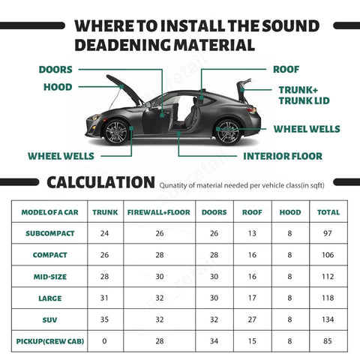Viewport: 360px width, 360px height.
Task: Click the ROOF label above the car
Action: [286, 70]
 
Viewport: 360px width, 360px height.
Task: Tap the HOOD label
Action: [57, 87]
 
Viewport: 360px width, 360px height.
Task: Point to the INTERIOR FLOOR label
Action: [282, 157]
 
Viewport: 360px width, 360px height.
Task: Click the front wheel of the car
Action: [117, 132]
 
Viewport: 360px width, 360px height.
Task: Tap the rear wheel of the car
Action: [227, 132]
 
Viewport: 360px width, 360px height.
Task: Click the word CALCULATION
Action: [100, 182]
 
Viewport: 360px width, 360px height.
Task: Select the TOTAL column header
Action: [328, 212]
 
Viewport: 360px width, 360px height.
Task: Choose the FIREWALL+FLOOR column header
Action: [158, 212]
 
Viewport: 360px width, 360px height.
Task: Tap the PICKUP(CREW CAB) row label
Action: [50, 341]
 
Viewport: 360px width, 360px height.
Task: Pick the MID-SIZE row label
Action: [50, 277]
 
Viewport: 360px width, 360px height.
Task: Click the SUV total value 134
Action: [328, 319]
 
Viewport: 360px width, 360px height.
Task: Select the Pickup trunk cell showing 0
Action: [105, 341]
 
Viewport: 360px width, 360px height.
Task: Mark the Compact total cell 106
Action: [328, 255]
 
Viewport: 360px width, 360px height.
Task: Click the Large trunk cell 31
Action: [105, 298]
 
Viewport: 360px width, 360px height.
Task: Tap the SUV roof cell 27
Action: [252, 319]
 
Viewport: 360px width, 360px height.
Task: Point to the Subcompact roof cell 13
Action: [252, 233]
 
